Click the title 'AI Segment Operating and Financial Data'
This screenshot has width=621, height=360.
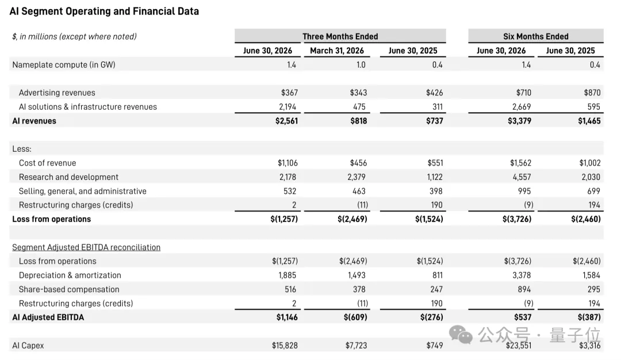coord(104,11)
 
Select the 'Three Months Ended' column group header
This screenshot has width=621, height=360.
coord(340,36)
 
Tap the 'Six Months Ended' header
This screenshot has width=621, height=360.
coord(536,36)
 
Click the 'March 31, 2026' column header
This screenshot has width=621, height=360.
coord(336,51)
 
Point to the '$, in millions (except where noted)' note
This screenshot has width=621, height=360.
coord(74,36)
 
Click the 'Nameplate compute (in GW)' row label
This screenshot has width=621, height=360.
coord(64,64)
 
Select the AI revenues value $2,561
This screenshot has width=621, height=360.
coord(286,121)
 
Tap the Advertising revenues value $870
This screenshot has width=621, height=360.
coord(592,92)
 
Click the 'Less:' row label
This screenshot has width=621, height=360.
coord(22,149)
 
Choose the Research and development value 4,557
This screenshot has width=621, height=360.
coord(522,177)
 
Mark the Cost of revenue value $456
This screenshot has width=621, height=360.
coord(358,163)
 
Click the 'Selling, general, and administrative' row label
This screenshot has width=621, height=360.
coord(82,191)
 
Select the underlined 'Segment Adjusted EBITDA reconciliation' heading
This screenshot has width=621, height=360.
coord(86,247)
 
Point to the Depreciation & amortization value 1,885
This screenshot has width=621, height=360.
coord(287,275)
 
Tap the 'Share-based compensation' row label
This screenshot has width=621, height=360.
coord(69,289)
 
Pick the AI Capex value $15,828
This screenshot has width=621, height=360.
coord(285,346)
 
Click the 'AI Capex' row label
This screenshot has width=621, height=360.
coord(28,346)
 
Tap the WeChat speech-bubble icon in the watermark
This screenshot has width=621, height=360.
coord(461,335)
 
